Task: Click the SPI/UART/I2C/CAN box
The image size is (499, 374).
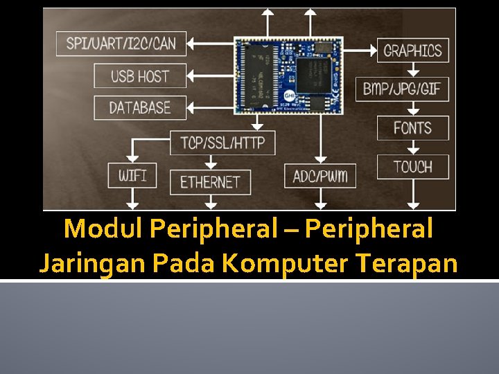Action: [x=121, y=44]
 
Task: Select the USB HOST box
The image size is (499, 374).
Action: [x=140, y=75]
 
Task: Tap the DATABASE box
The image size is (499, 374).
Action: [x=140, y=107]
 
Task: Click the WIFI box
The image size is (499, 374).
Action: [x=132, y=175]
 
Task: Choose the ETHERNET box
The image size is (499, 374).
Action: [x=210, y=182]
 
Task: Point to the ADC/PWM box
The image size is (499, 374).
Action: [x=320, y=175]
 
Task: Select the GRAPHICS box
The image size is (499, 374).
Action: [x=412, y=50]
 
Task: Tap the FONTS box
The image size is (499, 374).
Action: [x=412, y=128]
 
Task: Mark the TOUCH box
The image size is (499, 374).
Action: [x=412, y=167]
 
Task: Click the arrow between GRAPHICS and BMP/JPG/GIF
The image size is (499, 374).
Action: [x=413, y=69]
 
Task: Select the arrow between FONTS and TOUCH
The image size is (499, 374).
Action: [x=413, y=148]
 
